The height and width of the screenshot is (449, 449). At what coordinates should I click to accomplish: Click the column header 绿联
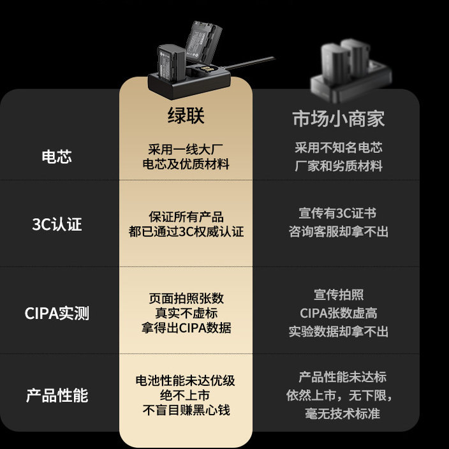pos(186,117)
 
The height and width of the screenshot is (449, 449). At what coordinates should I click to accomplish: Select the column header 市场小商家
pos(339,119)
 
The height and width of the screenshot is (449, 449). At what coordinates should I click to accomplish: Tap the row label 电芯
pos(57,157)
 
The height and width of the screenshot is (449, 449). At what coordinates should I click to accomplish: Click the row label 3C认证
pos(57,224)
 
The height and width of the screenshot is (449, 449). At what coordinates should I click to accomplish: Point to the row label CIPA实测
pos(57,313)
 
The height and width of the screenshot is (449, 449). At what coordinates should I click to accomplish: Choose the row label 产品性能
pos(57,395)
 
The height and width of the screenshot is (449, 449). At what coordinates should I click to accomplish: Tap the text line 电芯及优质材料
pos(186,165)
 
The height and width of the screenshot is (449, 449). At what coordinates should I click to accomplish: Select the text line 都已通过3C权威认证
pos(186,232)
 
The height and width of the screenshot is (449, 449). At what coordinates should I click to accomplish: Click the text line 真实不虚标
pos(186,313)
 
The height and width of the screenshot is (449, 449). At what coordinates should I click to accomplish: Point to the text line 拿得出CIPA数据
pos(186,328)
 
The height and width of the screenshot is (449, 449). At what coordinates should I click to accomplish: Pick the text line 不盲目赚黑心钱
pos(186,410)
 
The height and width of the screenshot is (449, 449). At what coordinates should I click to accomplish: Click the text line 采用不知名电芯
pos(339,148)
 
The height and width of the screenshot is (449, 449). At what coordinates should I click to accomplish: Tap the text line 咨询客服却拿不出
pos(339,232)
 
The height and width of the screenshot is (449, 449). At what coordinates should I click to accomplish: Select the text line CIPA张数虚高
pos(339,313)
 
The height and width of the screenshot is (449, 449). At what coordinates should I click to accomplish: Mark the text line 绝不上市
pos(186,395)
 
